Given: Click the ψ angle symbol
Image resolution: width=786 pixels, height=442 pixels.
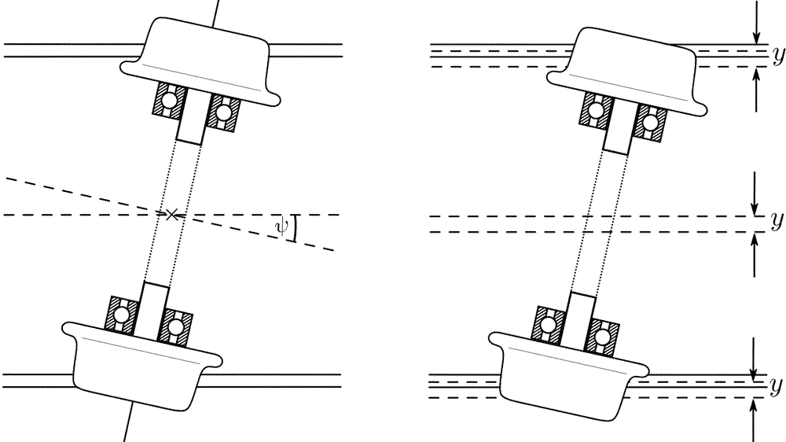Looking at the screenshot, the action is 281,227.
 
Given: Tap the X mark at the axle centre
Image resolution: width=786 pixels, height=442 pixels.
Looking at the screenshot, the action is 172,215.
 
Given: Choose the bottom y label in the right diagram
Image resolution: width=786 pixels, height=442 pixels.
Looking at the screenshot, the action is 776,385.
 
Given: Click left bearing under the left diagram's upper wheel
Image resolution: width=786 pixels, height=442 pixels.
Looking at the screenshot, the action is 168,100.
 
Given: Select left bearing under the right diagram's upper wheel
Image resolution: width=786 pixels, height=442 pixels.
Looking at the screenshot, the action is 596,110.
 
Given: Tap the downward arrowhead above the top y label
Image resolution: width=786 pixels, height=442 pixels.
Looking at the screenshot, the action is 757,38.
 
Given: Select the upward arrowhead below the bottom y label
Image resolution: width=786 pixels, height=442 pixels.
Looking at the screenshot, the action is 753,407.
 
